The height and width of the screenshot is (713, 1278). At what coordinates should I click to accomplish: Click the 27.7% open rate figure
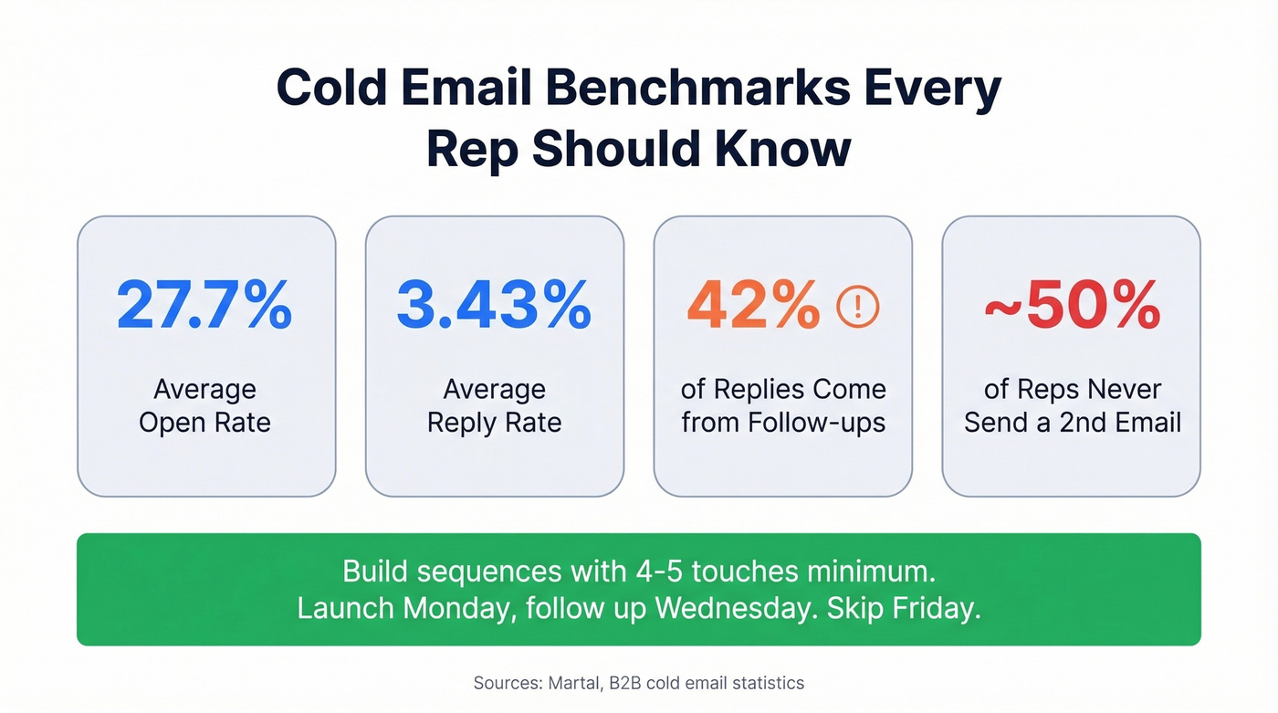pos(204,305)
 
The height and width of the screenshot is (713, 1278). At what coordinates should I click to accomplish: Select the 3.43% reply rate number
pos(494,305)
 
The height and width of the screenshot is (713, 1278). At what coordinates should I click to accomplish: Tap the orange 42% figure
pos(753,305)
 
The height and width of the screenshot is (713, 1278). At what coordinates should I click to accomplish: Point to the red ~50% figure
pos(1072,305)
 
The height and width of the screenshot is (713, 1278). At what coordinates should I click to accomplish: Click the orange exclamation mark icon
pos(858,307)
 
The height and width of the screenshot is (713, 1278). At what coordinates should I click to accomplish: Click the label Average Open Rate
pos(204,405)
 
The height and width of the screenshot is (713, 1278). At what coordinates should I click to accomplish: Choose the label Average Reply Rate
pos(494,405)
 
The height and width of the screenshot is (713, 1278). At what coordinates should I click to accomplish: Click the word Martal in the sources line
pos(571,683)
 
